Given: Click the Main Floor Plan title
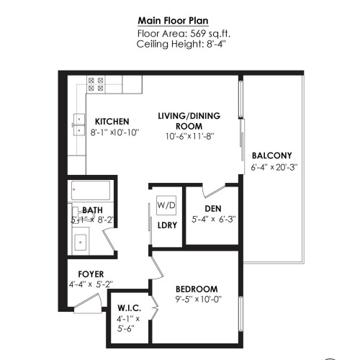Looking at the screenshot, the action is [x=173, y=21].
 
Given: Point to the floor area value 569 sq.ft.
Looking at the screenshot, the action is [x=210, y=34].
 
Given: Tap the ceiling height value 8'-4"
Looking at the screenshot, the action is [x=217, y=44].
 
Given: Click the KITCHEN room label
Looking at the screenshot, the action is [x=112, y=122].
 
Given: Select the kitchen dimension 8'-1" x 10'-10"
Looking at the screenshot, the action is [x=114, y=132].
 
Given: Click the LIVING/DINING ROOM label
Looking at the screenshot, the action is [x=189, y=121].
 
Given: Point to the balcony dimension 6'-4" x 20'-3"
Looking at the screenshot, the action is [x=274, y=167].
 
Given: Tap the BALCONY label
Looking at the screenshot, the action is [x=272, y=156].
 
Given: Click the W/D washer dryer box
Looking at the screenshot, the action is [x=166, y=205].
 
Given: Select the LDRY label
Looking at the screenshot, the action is [x=167, y=225].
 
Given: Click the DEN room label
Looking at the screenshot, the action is [x=213, y=209].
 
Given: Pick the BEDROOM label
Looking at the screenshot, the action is [x=197, y=289].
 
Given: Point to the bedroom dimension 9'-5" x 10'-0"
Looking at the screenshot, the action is [x=198, y=300].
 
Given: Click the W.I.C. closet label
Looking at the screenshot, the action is [x=130, y=308].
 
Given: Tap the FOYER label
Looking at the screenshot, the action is [x=91, y=274].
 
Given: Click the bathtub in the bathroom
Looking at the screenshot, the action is [x=91, y=190].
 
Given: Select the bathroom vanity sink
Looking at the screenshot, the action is [x=81, y=242].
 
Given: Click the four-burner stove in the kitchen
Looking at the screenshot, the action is [x=96, y=84].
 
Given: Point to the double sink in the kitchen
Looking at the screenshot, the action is [x=79, y=125].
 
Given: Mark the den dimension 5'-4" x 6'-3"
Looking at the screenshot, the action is [x=214, y=220].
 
